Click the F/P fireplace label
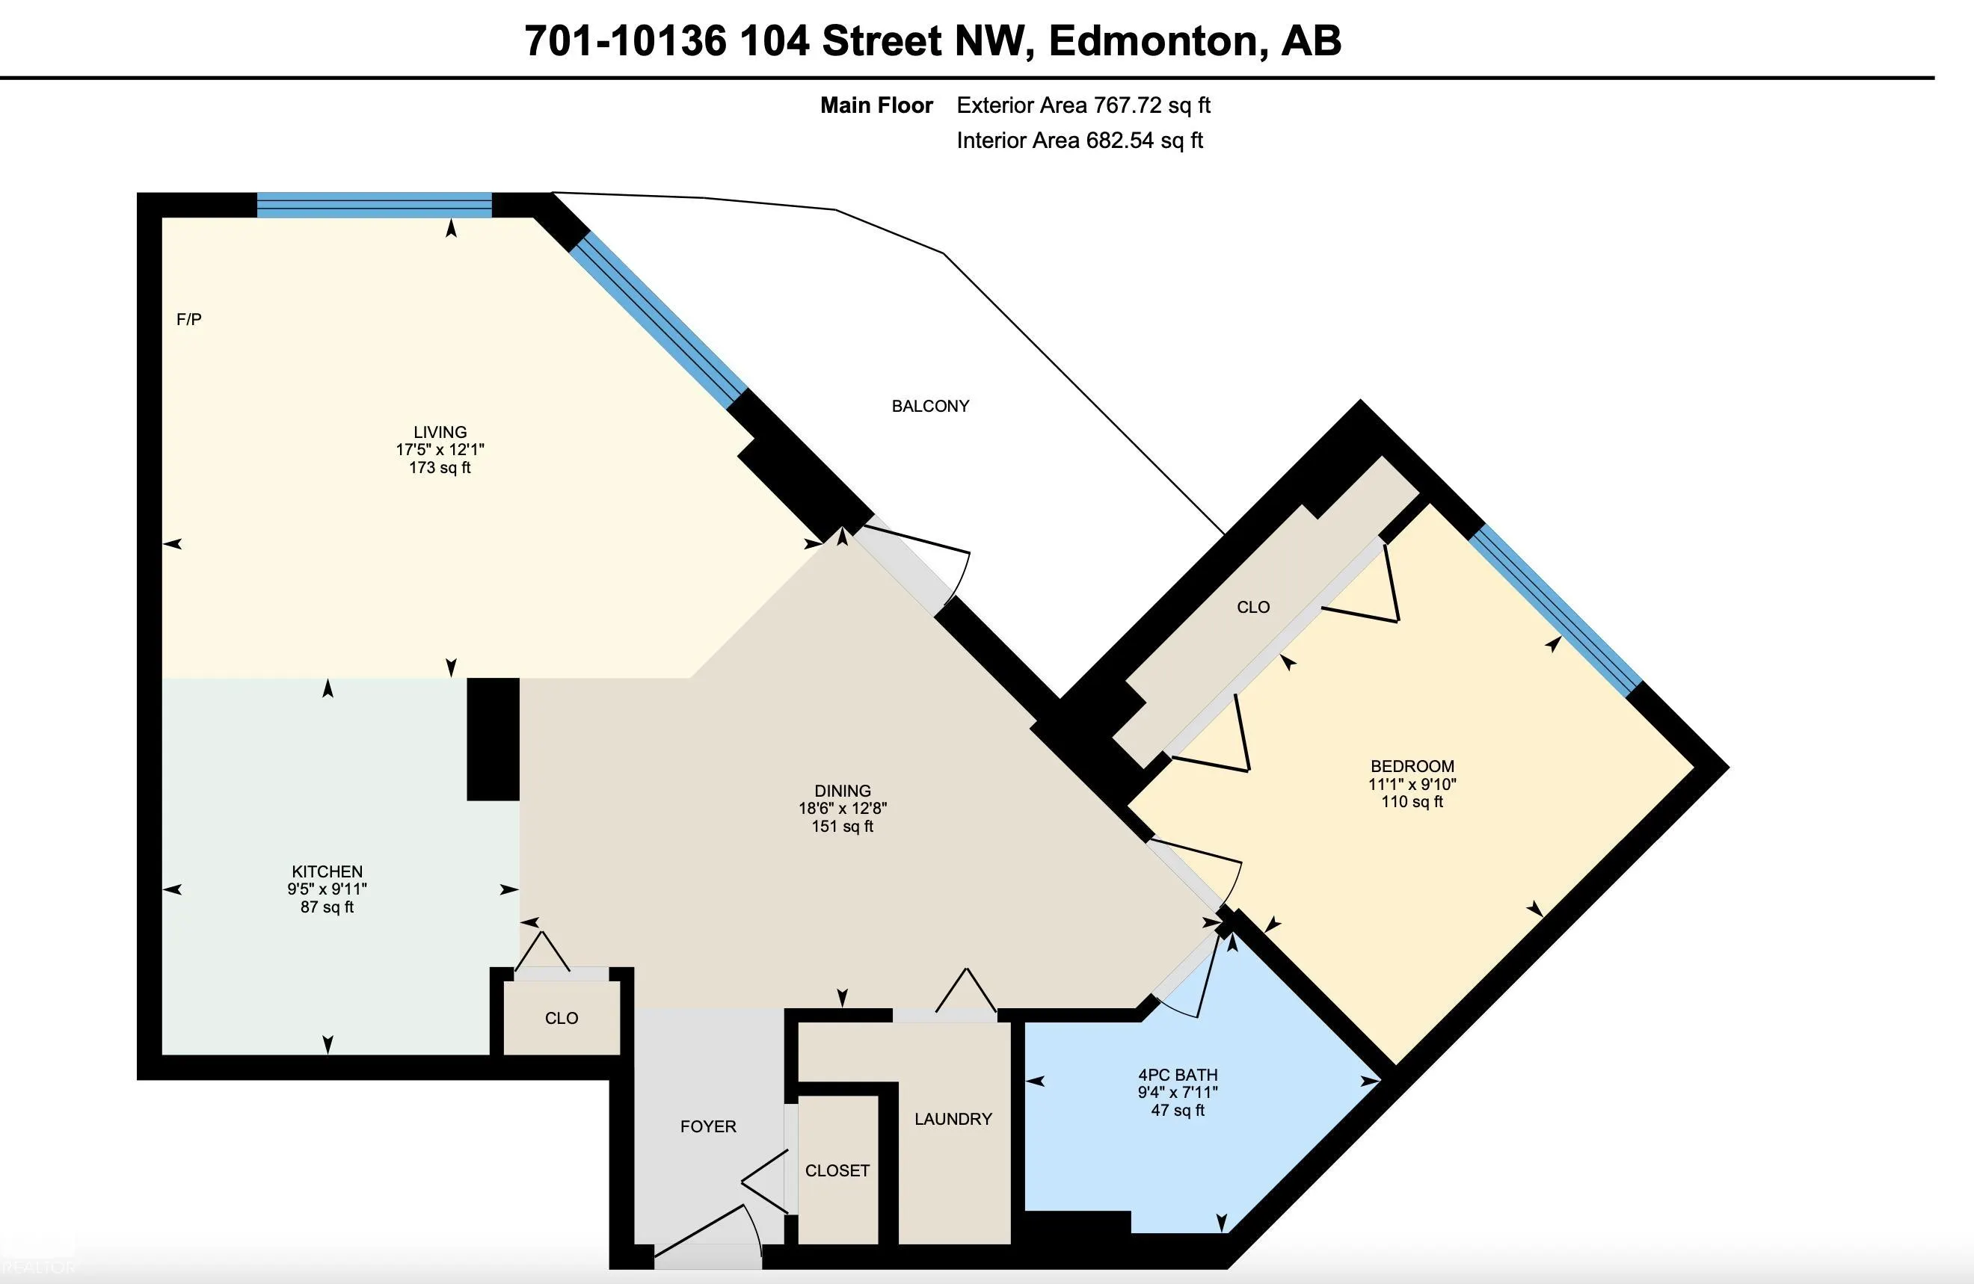(189, 319)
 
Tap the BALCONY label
(929, 406)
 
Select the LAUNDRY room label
(953, 1119)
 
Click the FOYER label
(708, 1126)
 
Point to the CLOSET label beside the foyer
(837, 1170)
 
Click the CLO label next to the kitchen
(562, 1018)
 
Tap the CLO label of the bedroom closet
(1253, 607)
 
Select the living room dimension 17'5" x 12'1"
(440, 449)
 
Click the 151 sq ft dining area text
(843, 827)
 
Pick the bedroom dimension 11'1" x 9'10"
(1412, 784)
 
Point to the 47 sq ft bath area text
(1178, 1110)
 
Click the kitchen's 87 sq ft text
(327, 907)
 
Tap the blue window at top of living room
(374, 205)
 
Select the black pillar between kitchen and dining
(493, 739)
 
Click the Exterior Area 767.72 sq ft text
(1083, 105)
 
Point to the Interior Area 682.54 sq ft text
(1080, 140)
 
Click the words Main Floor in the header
(876, 105)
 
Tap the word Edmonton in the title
(1153, 40)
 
